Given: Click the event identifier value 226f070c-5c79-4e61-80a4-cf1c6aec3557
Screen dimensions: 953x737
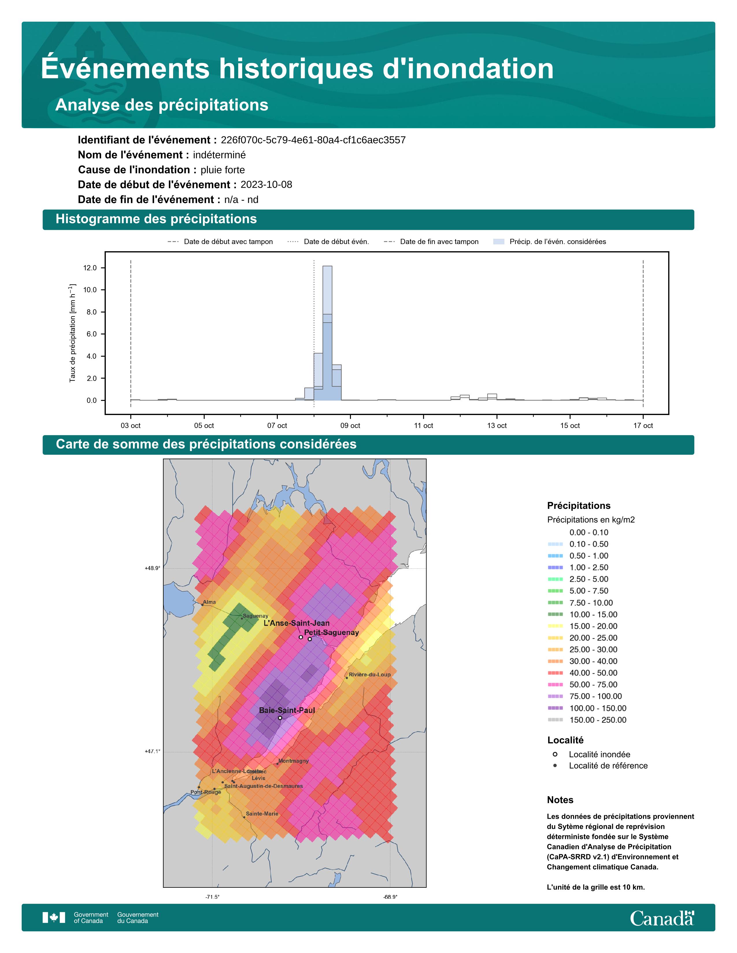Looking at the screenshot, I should click(313, 140).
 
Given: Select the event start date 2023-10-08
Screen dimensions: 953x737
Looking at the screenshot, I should click(266, 185).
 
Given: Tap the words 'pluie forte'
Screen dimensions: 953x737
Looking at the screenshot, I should click(222, 170).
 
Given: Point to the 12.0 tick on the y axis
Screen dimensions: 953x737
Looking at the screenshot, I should click(90, 268).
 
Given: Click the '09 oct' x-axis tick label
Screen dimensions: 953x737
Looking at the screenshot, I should click(350, 425).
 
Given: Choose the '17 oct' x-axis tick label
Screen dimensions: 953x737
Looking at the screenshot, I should click(643, 425).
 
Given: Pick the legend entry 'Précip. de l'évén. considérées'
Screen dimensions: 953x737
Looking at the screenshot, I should click(557, 242).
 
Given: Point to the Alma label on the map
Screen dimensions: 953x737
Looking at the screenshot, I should click(209, 602).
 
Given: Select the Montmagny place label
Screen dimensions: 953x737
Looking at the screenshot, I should click(293, 761).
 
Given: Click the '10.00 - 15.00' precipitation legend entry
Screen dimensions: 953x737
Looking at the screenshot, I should click(593, 614).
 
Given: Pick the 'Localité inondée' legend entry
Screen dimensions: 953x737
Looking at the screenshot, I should click(599, 754).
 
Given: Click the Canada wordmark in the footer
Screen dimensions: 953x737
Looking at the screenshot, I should click(662, 919).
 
